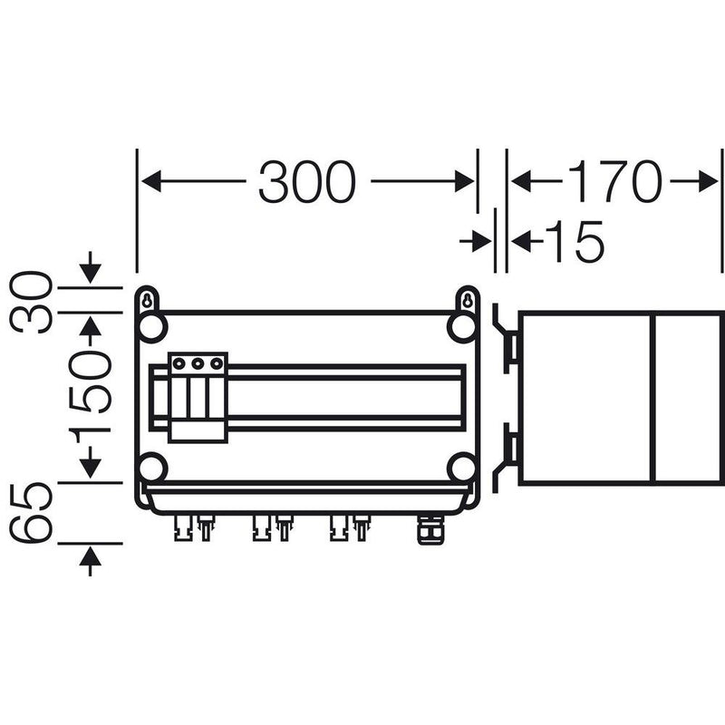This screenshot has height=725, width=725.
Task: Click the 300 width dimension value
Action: click(307, 182)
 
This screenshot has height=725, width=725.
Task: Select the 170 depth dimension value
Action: click(614, 182)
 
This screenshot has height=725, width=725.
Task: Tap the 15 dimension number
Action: click(575, 241)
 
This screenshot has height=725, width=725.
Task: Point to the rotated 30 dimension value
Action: click(32, 302)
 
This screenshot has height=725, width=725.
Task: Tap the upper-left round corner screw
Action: click(151, 327)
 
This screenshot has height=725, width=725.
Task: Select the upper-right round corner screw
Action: click(462, 327)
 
